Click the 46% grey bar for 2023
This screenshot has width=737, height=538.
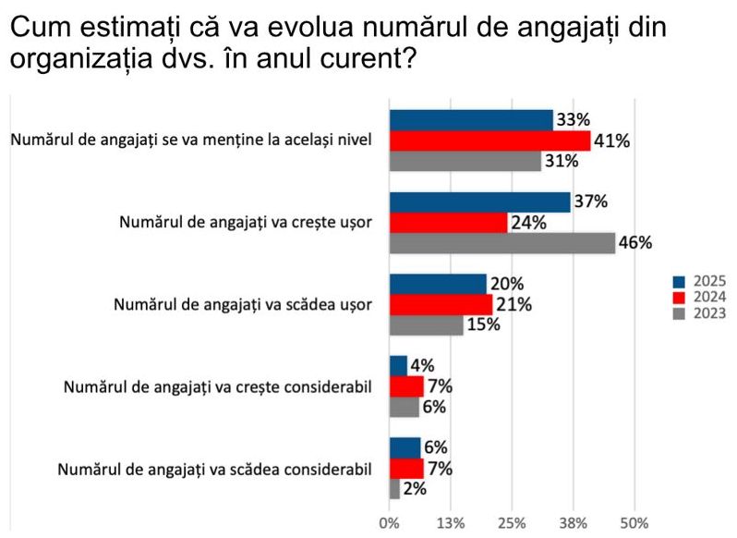point(501,243)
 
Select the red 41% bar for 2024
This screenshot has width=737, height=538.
point(489,141)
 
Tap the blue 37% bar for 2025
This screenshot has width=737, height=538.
point(479,202)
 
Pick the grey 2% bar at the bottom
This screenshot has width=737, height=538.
point(394,489)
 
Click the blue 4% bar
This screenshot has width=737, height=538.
point(398,365)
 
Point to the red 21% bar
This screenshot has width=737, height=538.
point(441,304)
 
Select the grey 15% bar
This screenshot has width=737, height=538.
point(426,324)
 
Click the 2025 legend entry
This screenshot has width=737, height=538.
point(699,281)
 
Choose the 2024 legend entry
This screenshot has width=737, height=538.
point(699,297)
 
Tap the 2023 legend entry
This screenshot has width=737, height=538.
point(699,313)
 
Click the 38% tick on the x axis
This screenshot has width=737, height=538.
point(574,523)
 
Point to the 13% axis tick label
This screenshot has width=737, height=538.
point(450,523)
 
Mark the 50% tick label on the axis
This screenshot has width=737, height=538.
point(634,523)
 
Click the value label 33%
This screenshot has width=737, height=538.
point(573,120)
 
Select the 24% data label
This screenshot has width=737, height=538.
point(528,223)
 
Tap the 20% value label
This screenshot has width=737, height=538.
point(507,284)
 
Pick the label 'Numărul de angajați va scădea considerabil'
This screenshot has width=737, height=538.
point(214,469)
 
